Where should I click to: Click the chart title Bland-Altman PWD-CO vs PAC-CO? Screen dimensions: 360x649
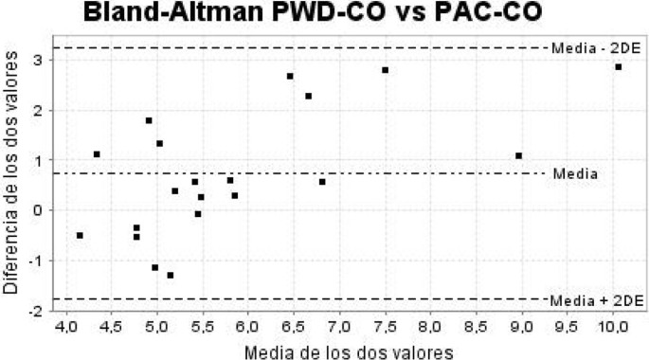pyautogui.click(x=323, y=13)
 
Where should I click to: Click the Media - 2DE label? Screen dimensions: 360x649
pyautogui.click(x=597, y=47)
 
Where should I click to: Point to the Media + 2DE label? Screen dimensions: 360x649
pyautogui.click(x=597, y=299)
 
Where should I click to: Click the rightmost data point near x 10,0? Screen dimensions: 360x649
pyautogui.click(x=618, y=67)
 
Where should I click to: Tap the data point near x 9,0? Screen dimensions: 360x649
pyautogui.click(x=519, y=155)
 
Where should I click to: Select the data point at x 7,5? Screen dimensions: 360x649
pyautogui.click(x=386, y=70)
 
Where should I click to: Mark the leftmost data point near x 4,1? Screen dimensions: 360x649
pyautogui.click(x=80, y=235)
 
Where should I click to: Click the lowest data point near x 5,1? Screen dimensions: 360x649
pyautogui.click(x=171, y=276)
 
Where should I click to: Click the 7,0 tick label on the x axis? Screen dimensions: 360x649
pyautogui.click(x=339, y=329)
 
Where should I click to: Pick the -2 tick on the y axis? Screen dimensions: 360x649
pyautogui.click(x=35, y=310)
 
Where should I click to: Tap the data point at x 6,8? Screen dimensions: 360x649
pyautogui.click(x=322, y=182)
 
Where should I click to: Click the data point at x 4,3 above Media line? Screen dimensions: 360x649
pyautogui.click(x=97, y=154)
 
